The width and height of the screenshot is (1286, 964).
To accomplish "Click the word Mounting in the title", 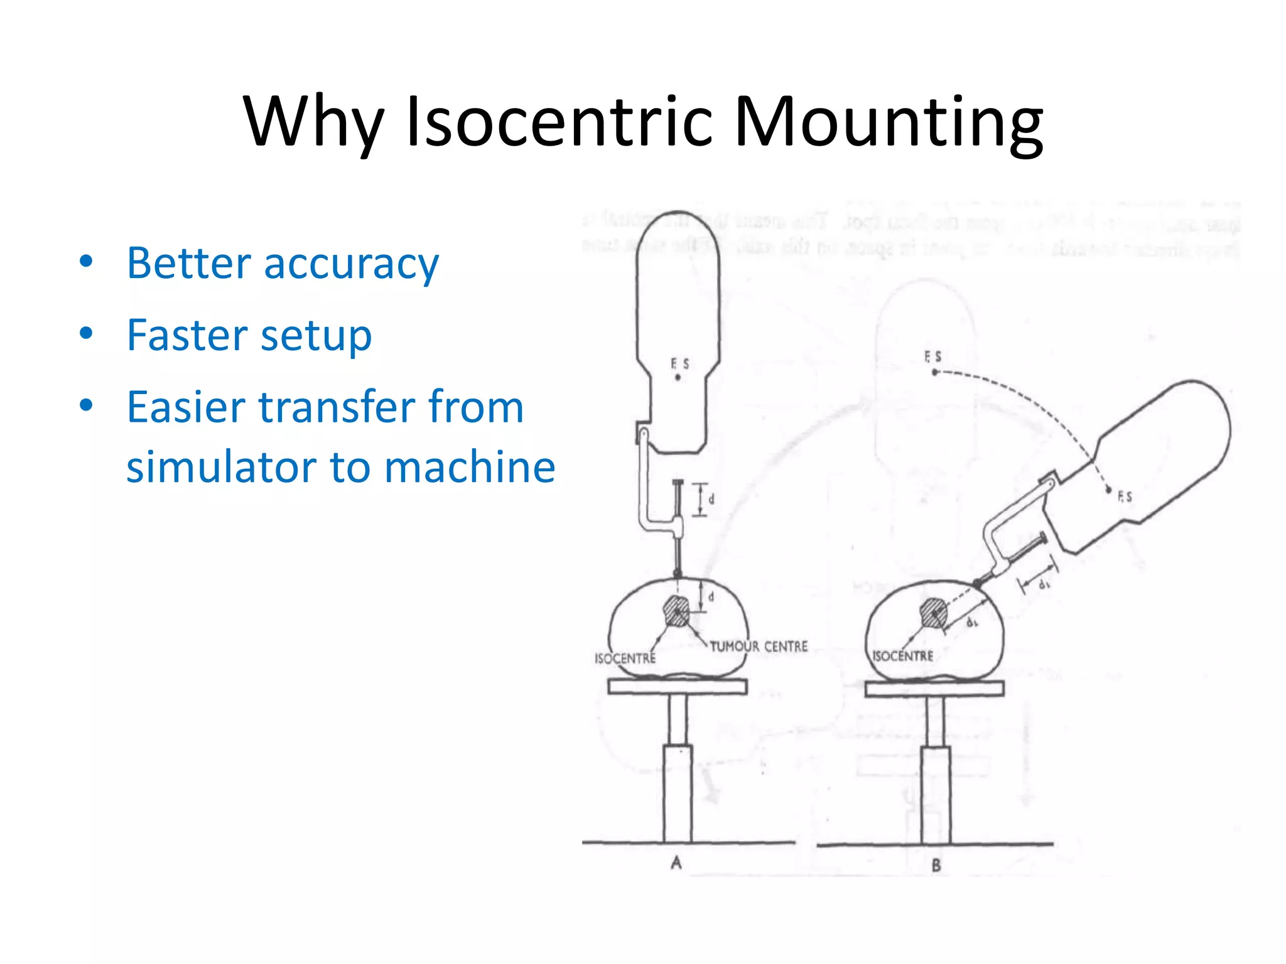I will coord(888,123).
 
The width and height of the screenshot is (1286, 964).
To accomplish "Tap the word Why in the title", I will coord(313,123).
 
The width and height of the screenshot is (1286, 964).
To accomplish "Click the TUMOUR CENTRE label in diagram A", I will coord(758,646).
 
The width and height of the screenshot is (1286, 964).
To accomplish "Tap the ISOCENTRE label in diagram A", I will coord(625,658).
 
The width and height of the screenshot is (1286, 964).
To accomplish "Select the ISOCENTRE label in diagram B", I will coord(902,656).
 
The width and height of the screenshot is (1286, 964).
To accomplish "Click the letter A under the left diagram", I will coord(676,863).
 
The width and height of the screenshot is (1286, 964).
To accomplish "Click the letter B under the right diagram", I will coord(936,865).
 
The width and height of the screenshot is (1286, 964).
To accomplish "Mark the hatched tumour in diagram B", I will coord(934,613).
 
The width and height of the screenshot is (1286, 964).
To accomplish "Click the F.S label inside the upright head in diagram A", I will coord(679,363).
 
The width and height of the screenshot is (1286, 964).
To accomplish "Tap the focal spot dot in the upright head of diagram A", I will coord(678,378).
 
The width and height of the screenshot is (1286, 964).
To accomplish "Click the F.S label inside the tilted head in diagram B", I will coord(1125,496).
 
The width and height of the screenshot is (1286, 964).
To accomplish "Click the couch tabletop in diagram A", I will coord(677,686).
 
